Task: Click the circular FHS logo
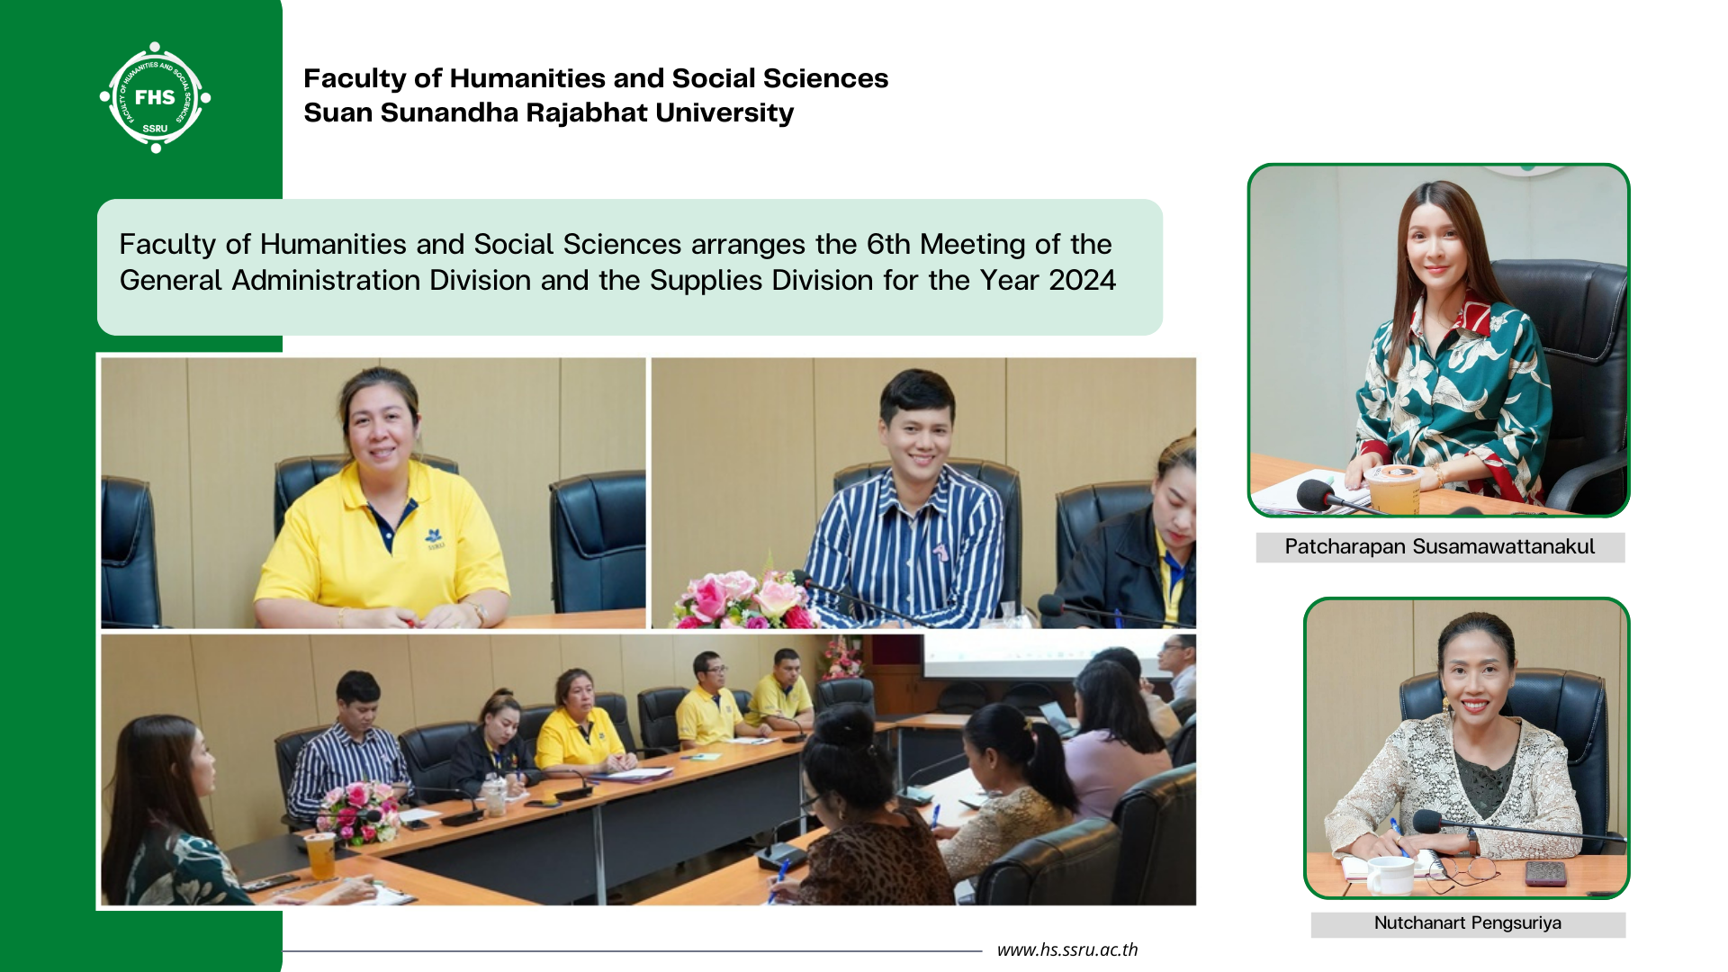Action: (x=155, y=97)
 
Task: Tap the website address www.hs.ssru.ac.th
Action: (x=1067, y=949)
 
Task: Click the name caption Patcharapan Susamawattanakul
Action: (x=1439, y=546)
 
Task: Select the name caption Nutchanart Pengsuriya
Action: (x=1467, y=922)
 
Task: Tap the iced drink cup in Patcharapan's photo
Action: (x=1393, y=488)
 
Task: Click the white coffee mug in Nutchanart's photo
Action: (x=1390, y=875)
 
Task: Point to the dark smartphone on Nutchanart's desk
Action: (x=1546, y=872)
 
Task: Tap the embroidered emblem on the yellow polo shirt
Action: (x=435, y=538)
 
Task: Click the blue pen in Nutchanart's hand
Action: (x=1398, y=837)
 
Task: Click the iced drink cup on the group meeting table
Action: (x=320, y=854)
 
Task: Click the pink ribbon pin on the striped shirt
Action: (x=940, y=552)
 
